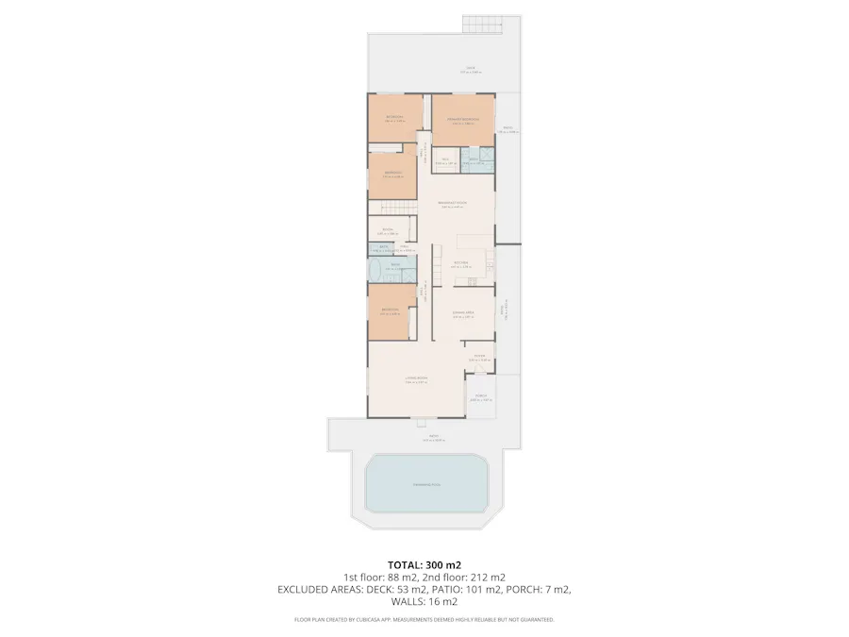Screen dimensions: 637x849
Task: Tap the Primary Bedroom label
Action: (x=463, y=120)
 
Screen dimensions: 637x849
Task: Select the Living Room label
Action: (x=416, y=379)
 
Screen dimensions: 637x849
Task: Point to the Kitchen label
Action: (x=461, y=264)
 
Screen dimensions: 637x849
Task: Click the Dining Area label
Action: (x=462, y=313)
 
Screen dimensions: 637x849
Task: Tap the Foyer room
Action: (x=479, y=357)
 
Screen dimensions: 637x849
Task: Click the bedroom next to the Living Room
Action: (x=389, y=310)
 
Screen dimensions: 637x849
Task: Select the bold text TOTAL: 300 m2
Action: (x=424, y=564)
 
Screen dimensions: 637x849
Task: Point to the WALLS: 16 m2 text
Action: (x=424, y=601)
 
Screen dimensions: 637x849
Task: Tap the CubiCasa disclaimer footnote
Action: (x=424, y=620)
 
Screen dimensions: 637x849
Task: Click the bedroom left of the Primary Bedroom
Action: (x=394, y=119)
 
